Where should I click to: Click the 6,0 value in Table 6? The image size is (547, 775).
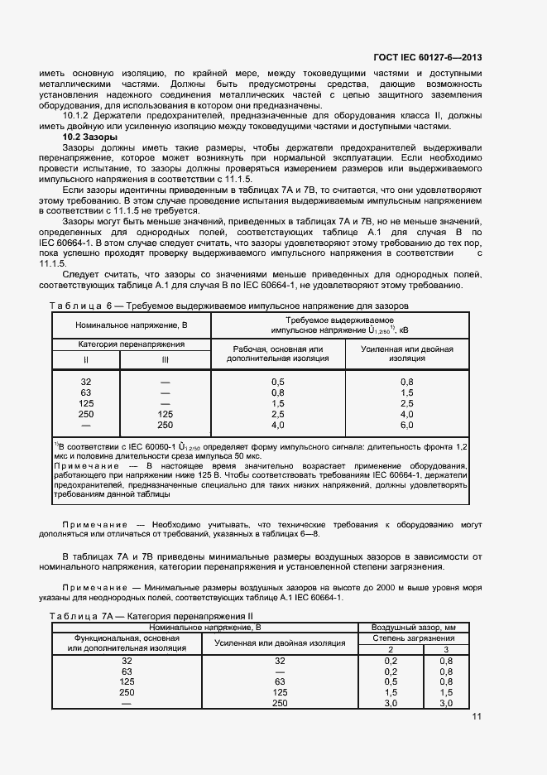coord(406,425)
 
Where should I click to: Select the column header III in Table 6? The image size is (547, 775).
coord(166,359)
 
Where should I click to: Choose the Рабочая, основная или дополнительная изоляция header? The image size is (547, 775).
coord(277,354)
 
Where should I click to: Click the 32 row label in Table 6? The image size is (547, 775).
coord(86,381)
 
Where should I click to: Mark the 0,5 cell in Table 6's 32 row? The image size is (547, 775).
coord(278,381)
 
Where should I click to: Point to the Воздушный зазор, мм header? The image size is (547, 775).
coord(413,628)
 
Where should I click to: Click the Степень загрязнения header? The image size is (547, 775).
coord(413,638)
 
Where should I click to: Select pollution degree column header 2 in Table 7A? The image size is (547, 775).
coord(391,649)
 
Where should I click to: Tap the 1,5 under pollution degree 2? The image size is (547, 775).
coord(391,692)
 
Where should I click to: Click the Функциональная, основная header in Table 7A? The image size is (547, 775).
coord(127,638)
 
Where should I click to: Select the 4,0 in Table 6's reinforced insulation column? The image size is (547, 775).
coord(406,413)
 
